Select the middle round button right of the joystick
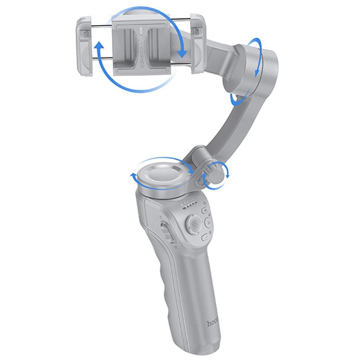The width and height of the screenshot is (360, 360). [208, 222]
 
